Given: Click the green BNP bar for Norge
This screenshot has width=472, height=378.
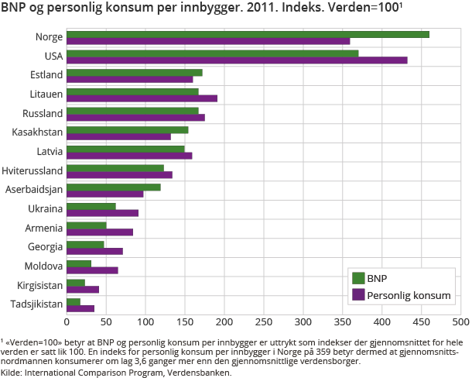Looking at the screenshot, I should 248,34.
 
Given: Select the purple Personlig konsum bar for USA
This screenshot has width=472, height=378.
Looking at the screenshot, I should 237,60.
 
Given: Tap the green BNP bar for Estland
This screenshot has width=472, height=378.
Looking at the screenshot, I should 135,73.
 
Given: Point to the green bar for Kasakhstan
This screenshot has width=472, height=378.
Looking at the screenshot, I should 128,129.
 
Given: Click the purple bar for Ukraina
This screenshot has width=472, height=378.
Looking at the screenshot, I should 102,213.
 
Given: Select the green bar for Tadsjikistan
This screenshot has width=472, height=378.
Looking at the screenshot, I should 74,301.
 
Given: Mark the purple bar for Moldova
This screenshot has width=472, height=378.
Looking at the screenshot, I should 92,270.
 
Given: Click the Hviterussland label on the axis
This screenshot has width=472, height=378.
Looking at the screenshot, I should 32,170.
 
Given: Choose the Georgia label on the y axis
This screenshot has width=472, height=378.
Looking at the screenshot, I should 44,247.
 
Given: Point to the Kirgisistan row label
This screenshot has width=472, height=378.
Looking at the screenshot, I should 38,285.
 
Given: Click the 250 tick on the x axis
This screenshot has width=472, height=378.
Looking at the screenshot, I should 264,321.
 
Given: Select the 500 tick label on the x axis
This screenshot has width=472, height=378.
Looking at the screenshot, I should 461,321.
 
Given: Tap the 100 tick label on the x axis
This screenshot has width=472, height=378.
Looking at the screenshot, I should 145,321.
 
